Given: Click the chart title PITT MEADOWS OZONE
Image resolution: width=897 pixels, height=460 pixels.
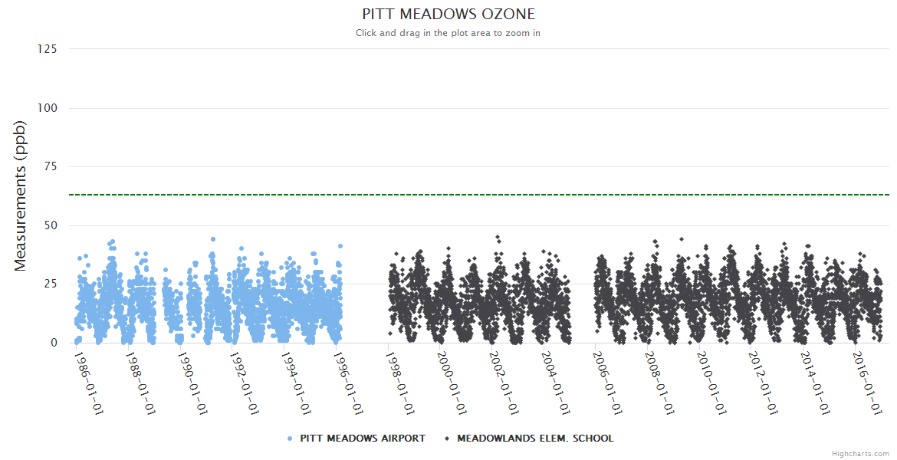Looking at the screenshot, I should (449, 15).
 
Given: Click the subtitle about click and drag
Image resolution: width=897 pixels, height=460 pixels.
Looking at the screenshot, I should (449, 33).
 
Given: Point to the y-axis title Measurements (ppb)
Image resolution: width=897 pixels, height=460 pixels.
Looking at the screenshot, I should (21, 195).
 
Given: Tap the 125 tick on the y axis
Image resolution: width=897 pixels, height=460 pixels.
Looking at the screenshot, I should (48, 49).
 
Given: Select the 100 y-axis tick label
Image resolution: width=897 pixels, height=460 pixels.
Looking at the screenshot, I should (48, 108).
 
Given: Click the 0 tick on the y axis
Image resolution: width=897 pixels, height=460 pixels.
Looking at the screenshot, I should (54, 343).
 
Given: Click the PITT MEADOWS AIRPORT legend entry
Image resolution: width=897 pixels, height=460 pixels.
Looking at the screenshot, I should (362, 439).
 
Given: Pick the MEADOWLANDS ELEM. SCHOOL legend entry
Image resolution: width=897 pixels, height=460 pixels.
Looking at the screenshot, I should (535, 439).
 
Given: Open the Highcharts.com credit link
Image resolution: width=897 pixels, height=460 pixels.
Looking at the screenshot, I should (860, 454).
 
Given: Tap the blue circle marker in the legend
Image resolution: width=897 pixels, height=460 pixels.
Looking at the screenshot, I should (290, 439).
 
